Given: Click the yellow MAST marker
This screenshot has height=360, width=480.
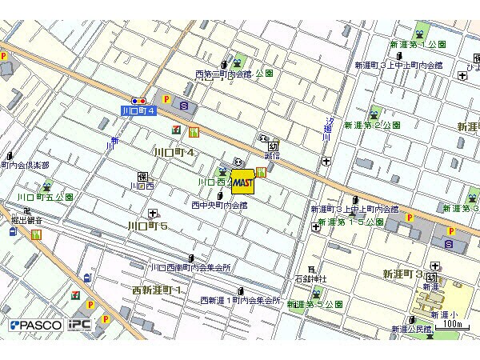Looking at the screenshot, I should [x=242, y=182].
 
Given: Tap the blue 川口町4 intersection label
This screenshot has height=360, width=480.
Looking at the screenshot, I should [x=138, y=110].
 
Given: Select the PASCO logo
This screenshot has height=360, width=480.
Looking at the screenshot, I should [x=36, y=326].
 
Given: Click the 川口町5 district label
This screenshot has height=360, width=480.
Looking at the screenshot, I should [x=148, y=227].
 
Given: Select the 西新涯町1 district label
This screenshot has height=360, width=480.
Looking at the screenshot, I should [x=157, y=289].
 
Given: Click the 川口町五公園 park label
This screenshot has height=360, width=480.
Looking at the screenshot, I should [x=46, y=196].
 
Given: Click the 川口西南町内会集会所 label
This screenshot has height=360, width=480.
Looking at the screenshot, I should [x=192, y=267].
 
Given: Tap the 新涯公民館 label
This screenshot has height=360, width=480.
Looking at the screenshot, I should [x=411, y=329].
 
